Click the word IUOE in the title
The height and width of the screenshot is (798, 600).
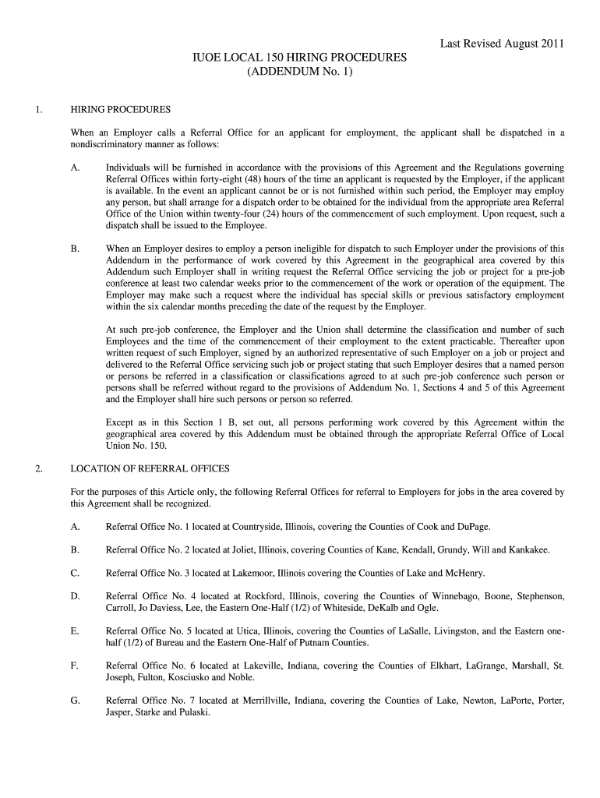[x=207, y=58]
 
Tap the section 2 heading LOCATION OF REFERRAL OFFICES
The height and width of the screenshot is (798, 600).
[x=150, y=468]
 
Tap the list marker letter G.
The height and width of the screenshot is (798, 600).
[x=75, y=701]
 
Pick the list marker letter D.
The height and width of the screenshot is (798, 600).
[x=75, y=597]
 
